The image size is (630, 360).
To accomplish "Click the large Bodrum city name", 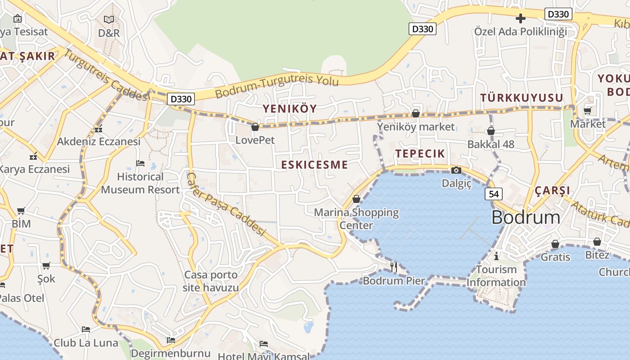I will point(526,218).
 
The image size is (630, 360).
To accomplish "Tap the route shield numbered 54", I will point(494,194).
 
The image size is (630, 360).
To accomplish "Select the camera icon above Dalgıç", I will point(456,170).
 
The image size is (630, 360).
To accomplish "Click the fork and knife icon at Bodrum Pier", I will point(394,267).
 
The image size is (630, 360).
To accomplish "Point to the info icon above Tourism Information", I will point(496,256).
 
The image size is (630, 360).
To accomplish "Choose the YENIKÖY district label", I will point(290,108).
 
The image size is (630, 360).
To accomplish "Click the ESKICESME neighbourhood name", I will point(315,165).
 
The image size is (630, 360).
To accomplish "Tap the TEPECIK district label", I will point(420,153).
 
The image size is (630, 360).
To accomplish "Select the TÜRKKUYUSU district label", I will point(522,98).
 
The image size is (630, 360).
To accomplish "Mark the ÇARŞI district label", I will point(552,190).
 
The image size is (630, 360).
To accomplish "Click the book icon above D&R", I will point(109,19).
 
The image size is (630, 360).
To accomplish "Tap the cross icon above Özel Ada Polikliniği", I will point(521,18).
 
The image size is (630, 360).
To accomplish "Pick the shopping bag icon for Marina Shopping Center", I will point(356,198).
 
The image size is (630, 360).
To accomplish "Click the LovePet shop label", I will point(255,140).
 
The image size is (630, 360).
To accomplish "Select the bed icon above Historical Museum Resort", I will point(140,163).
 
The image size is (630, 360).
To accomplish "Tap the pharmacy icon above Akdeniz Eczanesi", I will point(99,129).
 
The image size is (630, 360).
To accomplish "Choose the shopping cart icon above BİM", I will point(21,211).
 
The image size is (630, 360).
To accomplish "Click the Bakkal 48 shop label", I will point(490,144).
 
